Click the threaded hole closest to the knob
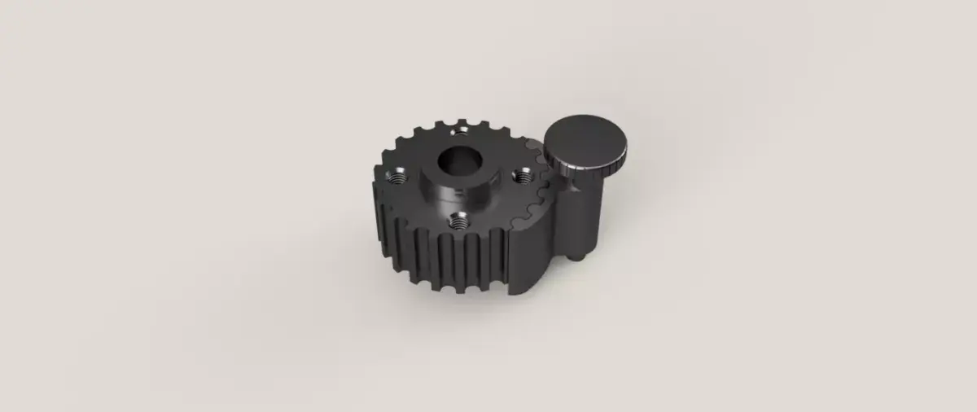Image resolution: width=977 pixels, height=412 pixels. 524,173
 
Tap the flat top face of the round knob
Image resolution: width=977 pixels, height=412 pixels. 585,139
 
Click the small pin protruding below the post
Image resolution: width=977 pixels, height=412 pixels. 580,256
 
